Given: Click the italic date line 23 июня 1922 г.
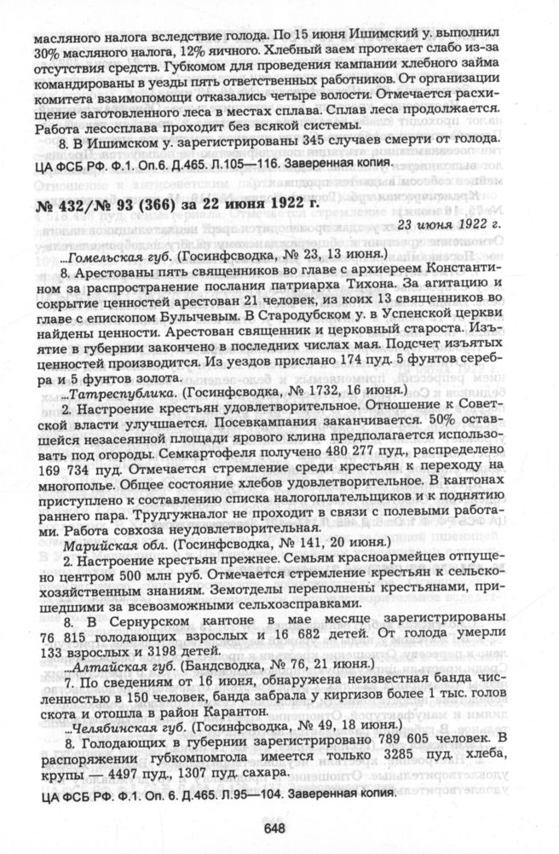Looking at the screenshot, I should point(469,224).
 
